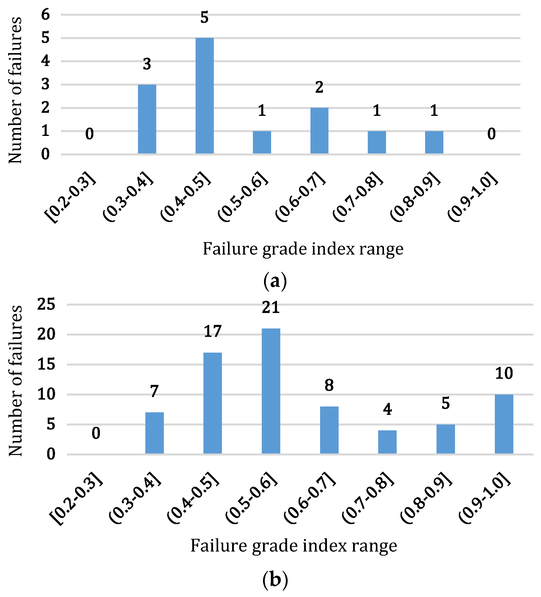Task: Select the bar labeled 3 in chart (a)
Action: tap(147, 119)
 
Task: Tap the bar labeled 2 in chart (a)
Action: tap(319, 131)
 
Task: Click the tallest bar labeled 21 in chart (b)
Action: tap(271, 391)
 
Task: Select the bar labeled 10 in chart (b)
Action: tap(504, 424)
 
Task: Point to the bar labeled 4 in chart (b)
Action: tap(387, 442)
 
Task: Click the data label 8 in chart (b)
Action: tap(329, 385)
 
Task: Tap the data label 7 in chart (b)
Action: tap(154, 391)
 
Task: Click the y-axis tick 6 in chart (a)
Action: tap(45, 14)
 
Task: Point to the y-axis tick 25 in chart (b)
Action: tap(46, 304)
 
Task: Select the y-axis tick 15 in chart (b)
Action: tap(46, 364)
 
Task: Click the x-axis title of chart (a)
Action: tap(303, 249)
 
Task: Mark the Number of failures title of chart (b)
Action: tap(15, 380)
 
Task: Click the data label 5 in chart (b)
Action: tap(446, 403)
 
